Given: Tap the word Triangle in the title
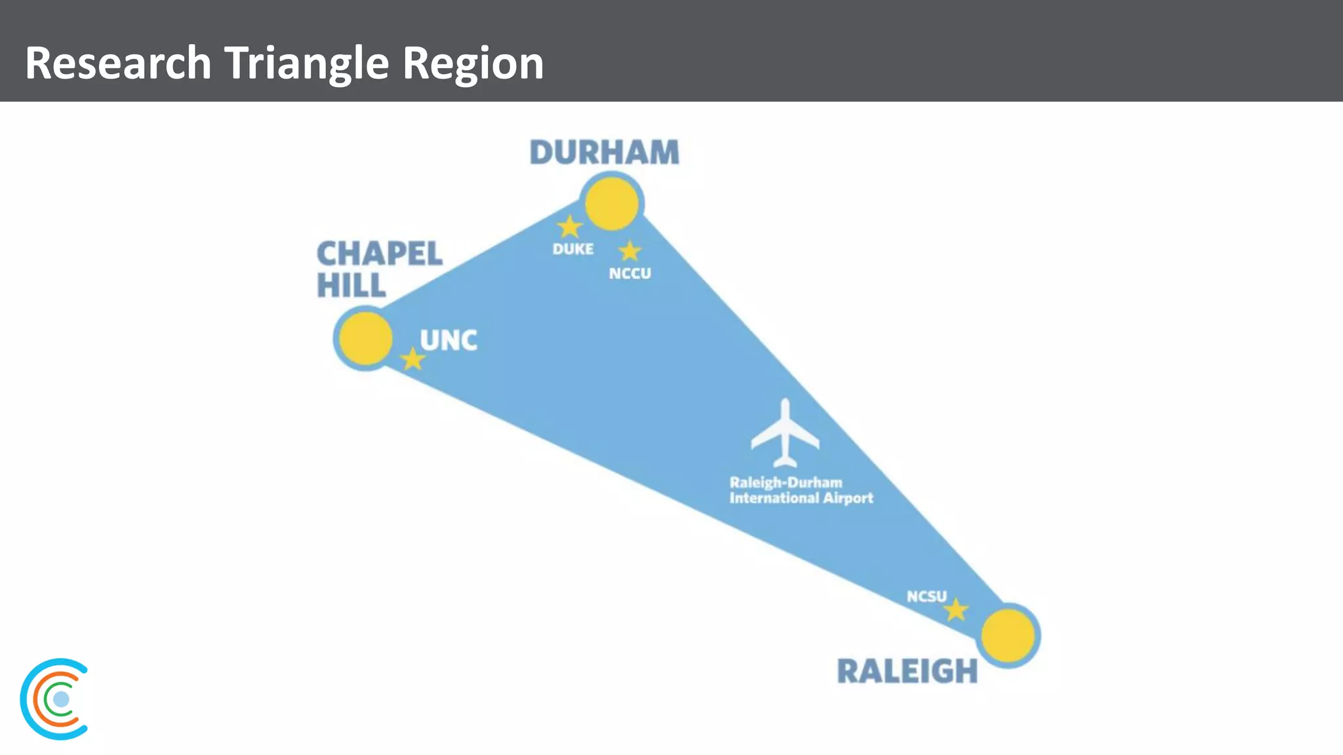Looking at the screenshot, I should (x=307, y=63).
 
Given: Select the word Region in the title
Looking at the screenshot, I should (x=473, y=63).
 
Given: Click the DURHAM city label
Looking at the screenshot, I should (x=604, y=152).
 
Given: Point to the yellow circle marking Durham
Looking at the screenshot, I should (x=612, y=203).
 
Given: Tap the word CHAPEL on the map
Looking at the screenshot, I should (x=380, y=254).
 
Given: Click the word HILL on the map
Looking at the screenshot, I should (x=351, y=285).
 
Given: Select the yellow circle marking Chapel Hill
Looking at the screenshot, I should (x=365, y=338).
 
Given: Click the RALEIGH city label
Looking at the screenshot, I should (x=907, y=671).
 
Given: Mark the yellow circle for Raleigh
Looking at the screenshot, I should (x=1008, y=635).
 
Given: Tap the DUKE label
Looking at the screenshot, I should (x=573, y=249).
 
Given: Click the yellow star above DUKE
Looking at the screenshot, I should (x=569, y=227).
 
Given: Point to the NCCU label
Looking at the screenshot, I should (x=630, y=273).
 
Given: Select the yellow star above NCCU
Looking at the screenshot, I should (x=630, y=250).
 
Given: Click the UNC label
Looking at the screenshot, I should (x=449, y=340).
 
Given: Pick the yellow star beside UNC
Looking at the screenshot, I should (x=412, y=359).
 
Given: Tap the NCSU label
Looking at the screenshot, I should (x=927, y=596).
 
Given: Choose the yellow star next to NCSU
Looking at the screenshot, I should (x=956, y=610).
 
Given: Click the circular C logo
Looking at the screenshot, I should (x=55, y=699).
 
